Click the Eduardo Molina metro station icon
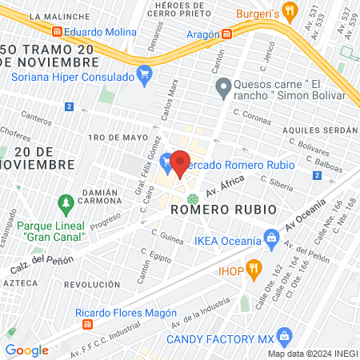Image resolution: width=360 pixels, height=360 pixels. click(x=57, y=33)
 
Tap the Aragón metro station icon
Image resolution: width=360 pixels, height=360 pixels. click(x=227, y=34)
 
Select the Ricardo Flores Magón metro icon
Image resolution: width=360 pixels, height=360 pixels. click(x=88, y=326)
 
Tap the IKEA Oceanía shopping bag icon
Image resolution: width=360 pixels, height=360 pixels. click(x=272, y=238)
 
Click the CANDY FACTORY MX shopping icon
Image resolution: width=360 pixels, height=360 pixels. click(x=282, y=337)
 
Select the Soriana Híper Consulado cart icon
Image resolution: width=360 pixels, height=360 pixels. click(x=144, y=77)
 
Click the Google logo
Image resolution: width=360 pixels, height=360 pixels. click(x=26, y=350)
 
